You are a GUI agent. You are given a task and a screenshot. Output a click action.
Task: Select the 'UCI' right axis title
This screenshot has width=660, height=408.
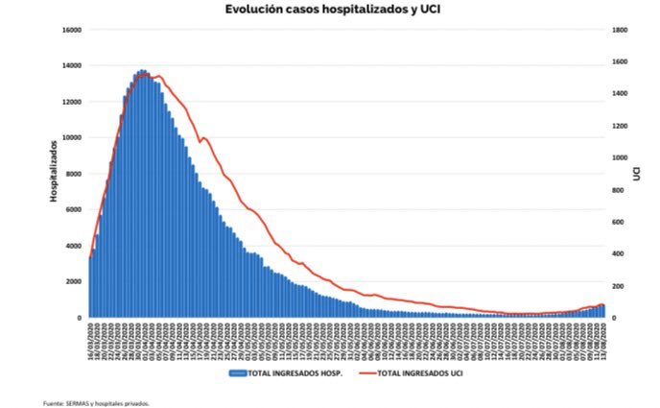tap(637, 174)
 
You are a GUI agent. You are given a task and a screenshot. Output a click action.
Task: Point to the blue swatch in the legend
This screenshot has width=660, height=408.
tap(240, 372)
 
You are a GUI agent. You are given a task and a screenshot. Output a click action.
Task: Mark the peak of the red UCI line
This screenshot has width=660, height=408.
tap(157, 76)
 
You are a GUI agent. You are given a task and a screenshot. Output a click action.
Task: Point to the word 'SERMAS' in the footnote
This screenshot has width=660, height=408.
tap(75, 403)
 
